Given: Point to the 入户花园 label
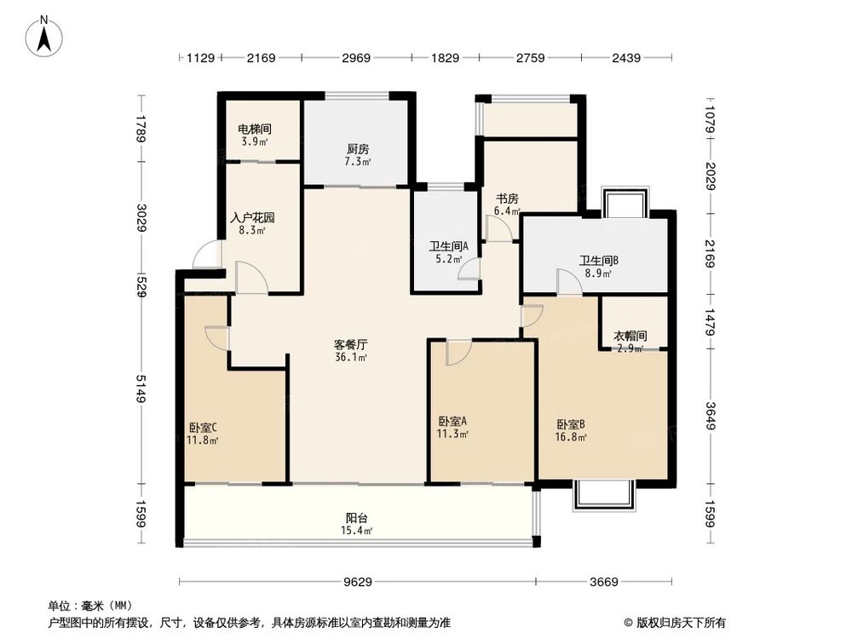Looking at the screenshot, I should (252, 223).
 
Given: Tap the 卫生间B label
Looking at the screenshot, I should (599, 268).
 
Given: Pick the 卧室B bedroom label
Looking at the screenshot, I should (571, 430).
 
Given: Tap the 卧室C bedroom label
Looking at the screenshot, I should (203, 434).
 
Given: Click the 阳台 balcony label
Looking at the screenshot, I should (357, 523).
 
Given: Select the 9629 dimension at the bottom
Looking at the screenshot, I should (357, 583).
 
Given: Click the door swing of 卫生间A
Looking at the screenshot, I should (467, 270).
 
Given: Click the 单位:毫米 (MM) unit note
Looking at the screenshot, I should (87, 606).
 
